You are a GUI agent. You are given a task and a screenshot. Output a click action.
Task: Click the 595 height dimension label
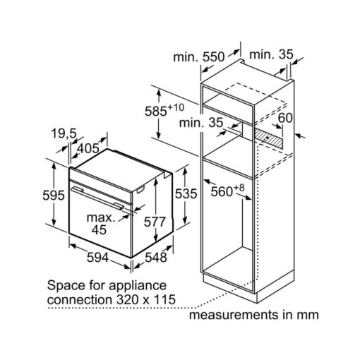point(54,196)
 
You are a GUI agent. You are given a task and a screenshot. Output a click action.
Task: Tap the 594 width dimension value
point(97,258)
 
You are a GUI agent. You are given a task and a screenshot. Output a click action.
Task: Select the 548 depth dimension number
point(156,258)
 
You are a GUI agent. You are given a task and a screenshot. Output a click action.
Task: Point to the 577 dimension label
point(155,222)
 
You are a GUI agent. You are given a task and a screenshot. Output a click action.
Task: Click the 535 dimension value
point(186,194)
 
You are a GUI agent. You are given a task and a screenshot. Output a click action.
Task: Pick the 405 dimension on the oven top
point(88,148)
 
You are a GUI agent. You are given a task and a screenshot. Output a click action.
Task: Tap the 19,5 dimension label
point(64,133)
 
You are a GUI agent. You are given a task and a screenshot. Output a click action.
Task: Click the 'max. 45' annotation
point(101,224)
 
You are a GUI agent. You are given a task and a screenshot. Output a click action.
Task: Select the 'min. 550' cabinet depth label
point(199,57)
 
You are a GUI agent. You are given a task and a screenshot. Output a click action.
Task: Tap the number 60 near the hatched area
point(285,118)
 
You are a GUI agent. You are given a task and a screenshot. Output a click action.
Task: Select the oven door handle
point(97,198)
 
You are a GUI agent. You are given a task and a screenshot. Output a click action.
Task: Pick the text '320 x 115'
point(146,299)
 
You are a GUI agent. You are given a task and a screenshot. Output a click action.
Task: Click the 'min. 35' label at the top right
point(271,54)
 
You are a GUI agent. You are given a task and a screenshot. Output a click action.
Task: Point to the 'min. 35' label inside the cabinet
point(201,123)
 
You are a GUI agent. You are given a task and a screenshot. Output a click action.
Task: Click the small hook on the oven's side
point(140,190)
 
